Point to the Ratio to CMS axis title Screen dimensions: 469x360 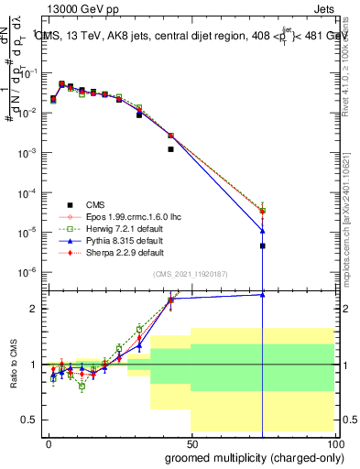[x=14, y=365]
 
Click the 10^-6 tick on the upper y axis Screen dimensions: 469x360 [x=31, y=272]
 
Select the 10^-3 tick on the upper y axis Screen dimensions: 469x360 [x=31, y=152]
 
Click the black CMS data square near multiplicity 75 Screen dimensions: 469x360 [x=263, y=245]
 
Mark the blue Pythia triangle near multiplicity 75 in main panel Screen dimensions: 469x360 [x=263, y=230]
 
